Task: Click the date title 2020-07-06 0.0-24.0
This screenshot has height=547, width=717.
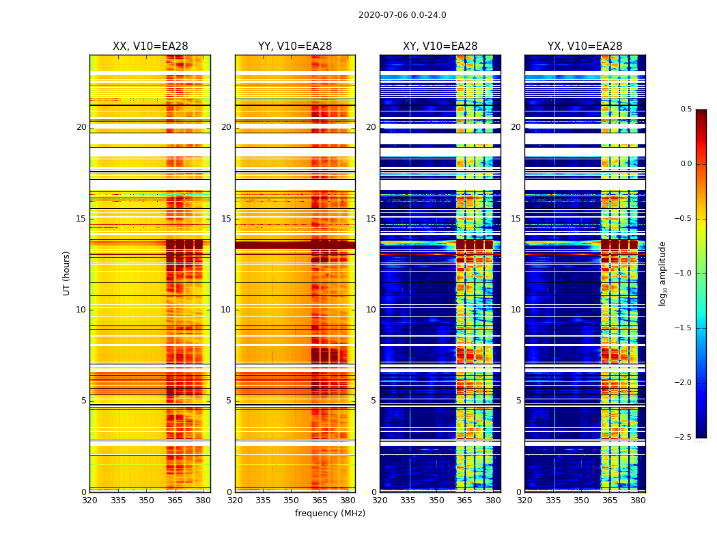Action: tap(402, 15)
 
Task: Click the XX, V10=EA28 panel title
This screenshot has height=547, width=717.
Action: tap(150, 46)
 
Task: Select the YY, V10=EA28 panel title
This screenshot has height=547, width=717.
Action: tap(295, 46)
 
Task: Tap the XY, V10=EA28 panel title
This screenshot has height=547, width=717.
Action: tap(440, 46)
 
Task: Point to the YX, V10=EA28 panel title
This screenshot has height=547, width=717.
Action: tap(585, 46)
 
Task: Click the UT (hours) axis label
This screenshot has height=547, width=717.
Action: tap(67, 273)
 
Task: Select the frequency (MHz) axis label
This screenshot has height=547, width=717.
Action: tap(330, 513)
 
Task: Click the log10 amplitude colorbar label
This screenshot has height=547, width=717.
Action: tap(662, 273)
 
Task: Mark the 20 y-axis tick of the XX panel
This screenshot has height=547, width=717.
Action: tap(81, 127)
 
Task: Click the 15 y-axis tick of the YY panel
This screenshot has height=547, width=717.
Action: tap(226, 219)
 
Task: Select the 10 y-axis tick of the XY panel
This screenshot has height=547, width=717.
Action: tap(371, 310)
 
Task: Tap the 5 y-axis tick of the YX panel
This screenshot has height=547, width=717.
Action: tap(518, 401)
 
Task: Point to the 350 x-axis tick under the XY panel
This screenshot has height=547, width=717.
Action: tap(436, 500)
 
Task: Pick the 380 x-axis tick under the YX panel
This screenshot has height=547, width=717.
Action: tap(638, 500)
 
